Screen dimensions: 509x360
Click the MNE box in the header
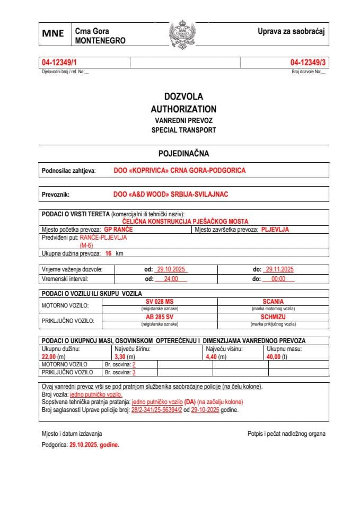tap(54, 33)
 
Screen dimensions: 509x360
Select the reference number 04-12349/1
tap(59, 63)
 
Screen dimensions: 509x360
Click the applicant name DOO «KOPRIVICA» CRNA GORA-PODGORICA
tap(180, 171)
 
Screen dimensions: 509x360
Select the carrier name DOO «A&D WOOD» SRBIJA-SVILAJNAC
tap(171, 195)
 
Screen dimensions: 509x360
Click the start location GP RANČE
tap(118, 230)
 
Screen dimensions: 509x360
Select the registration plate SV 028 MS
tap(159, 301)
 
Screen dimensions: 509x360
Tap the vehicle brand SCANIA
tap(273, 301)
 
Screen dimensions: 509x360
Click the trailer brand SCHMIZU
tap(273, 317)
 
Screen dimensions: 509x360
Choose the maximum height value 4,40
tap(212, 357)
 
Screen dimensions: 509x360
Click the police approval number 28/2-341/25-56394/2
tap(156, 410)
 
